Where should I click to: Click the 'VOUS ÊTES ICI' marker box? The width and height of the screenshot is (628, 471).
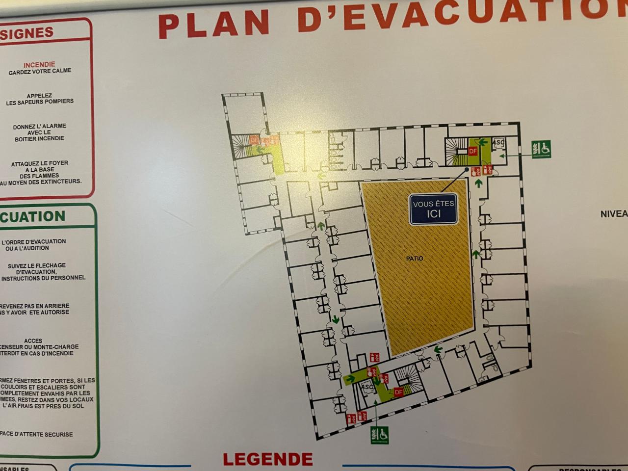coord(434,209)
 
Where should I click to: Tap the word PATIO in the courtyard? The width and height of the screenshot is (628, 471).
coord(415,259)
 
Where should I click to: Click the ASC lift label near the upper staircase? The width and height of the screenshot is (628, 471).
coord(498,143)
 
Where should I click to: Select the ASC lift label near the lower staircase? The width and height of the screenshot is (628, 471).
coord(366,387)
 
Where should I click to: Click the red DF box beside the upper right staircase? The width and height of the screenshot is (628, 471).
coord(473,152)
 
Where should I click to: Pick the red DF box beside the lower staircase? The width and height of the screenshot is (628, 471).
coord(398,392)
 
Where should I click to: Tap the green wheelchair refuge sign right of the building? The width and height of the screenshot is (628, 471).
coord(541,149)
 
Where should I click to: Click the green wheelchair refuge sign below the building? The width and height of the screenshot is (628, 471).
coord(380,435)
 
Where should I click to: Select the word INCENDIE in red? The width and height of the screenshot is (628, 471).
coord(39,64)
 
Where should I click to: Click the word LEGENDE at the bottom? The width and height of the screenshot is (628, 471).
coord(268,459)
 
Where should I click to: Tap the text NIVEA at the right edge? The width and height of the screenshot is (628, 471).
coord(614,214)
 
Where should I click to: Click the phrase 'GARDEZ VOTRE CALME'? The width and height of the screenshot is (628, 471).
coord(40,71)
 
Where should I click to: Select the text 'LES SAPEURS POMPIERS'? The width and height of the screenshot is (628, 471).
coord(40,102)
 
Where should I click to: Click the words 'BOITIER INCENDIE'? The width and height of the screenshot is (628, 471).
coord(39,139)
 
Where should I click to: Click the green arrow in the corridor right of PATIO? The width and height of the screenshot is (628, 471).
coord(475,254)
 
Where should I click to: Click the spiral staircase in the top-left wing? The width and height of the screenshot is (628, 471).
coord(241,146)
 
